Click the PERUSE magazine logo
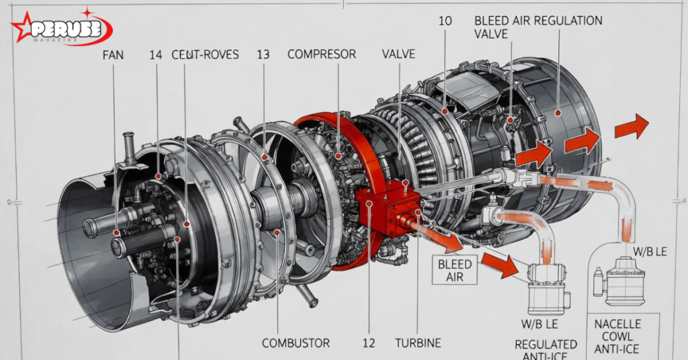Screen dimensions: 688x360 point(61,27)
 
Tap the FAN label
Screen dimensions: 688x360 point(113,55)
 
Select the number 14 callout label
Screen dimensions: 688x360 point(156,55)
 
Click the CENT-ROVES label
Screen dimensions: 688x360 point(206,55)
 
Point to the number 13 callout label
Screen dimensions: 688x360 point(263,55)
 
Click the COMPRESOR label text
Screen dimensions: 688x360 point(322,54)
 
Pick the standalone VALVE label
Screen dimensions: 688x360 point(398,54)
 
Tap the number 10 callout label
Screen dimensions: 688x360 point(445,21)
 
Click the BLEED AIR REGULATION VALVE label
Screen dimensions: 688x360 point(538,27)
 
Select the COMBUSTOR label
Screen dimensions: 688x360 point(296,343)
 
